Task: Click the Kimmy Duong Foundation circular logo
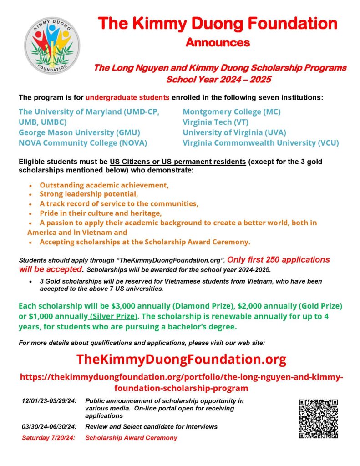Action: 52,45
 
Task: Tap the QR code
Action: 318,419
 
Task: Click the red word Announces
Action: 218,43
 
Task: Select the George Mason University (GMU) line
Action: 79,132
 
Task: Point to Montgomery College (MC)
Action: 232,111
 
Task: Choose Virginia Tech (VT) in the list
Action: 222,122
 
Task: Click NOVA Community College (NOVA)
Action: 83,143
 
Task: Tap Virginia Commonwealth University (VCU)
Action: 261,143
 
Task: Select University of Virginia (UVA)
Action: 234,132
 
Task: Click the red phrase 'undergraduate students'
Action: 127,97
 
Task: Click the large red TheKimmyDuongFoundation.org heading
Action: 181,359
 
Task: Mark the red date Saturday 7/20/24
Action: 49,438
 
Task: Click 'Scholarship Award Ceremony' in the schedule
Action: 131,438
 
